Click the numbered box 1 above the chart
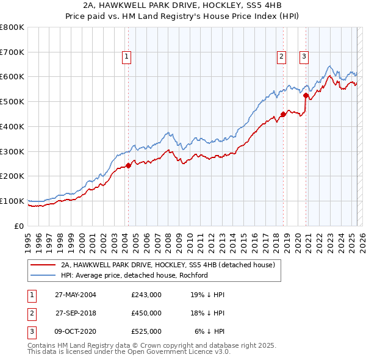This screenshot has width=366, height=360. (x=126, y=57)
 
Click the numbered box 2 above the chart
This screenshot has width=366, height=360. (x=282, y=57)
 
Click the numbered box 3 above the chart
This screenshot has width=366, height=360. (x=304, y=57)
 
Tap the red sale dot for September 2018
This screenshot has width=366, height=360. (x=284, y=113)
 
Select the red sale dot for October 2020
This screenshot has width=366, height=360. (x=306, y=95)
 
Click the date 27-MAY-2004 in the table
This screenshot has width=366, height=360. (x=76, y=295)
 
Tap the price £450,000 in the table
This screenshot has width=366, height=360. (x=146, y=313)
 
